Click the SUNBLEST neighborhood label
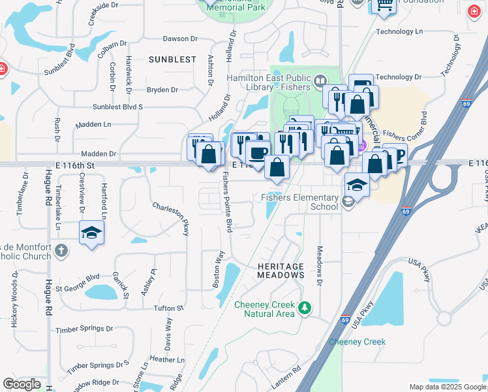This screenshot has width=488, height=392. click(172, 59)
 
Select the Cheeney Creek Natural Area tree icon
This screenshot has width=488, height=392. click(303, 307)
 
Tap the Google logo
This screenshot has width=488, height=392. click(22, 384)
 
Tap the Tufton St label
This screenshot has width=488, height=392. click(168, 308)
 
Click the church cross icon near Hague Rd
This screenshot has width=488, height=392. click(61, 250)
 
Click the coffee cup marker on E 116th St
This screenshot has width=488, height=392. click(258, 153)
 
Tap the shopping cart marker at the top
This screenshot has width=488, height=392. click(384, 5)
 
